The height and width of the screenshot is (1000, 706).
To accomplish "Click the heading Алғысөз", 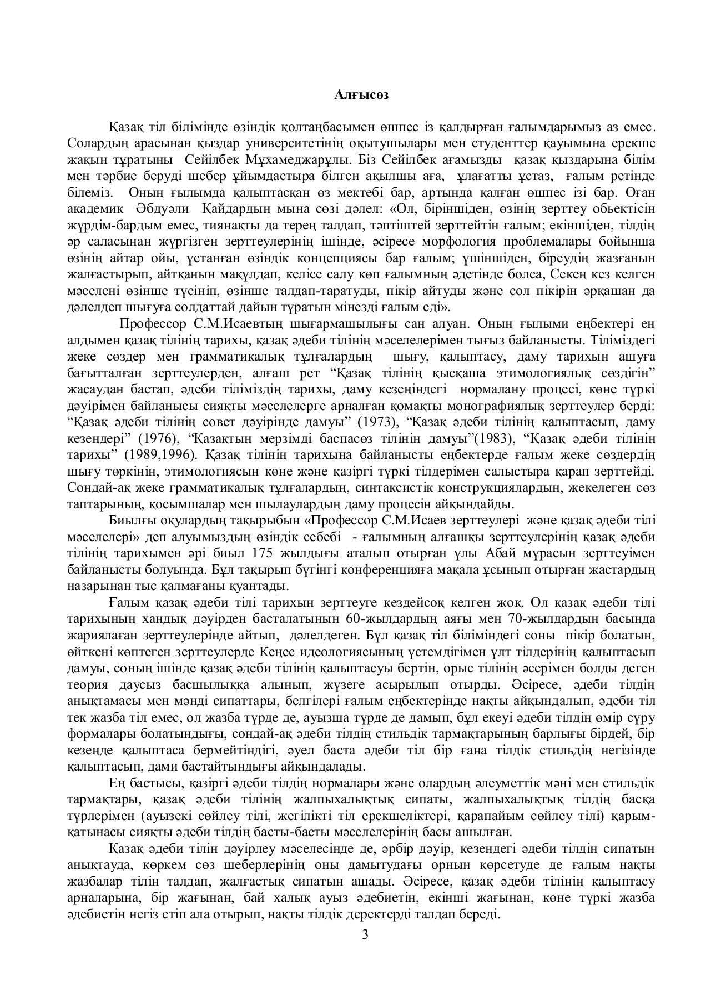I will (361, 95).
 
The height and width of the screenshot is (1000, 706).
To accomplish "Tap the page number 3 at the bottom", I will (365, 934).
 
